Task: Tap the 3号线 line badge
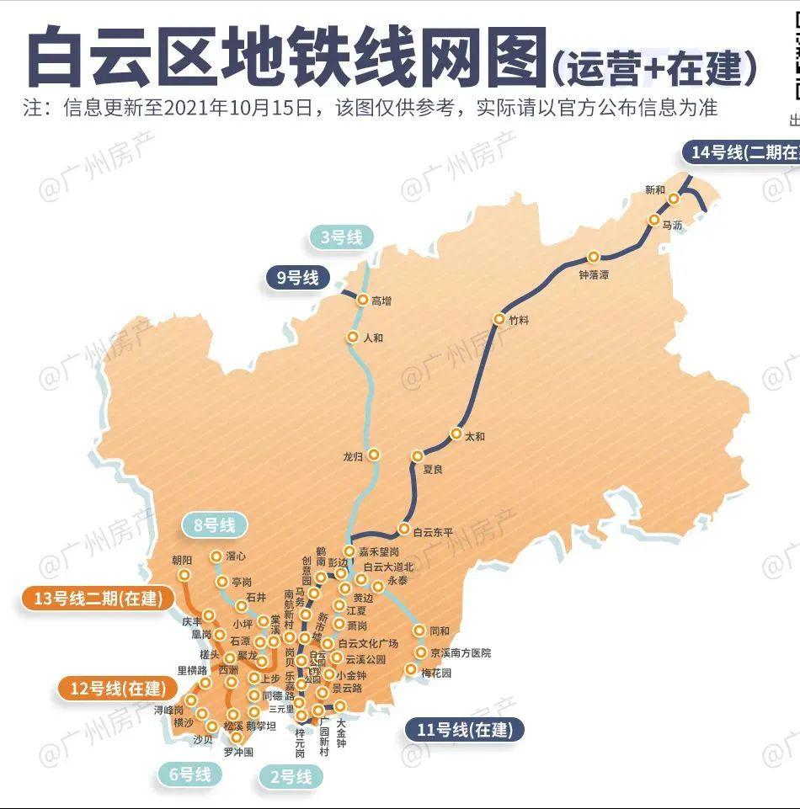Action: pos(342,237)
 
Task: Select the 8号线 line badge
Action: pos(215,526)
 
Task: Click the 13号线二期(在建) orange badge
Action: pos(94,599)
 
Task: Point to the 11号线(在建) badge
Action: pos(465,730)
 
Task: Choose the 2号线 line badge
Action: pos(291,776)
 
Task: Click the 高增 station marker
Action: pos(363,301)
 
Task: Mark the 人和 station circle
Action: pos(353,338)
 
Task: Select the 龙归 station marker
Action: pos(374,455)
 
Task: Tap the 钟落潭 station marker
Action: pos(594,257)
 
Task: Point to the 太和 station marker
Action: pos(456,435)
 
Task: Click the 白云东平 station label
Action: pos(433,532)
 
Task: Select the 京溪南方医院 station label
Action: pos(460,652)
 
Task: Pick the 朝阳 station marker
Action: pos(184,575)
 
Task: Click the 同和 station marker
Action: pos(419,631)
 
